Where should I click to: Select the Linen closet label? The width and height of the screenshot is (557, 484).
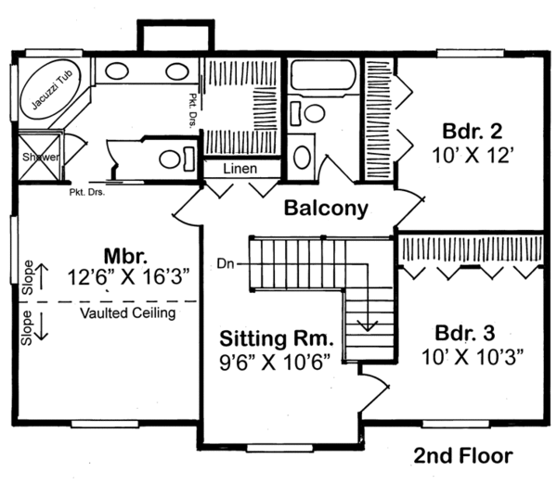point(240,169)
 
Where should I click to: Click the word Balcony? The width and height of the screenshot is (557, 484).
point(326,208)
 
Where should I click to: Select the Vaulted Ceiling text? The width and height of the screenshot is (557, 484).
point(127,313)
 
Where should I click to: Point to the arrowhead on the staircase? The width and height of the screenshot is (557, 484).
point(369,325)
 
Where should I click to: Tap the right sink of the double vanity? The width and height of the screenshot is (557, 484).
point(177,70)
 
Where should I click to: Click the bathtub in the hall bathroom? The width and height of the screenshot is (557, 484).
point(322,75)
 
